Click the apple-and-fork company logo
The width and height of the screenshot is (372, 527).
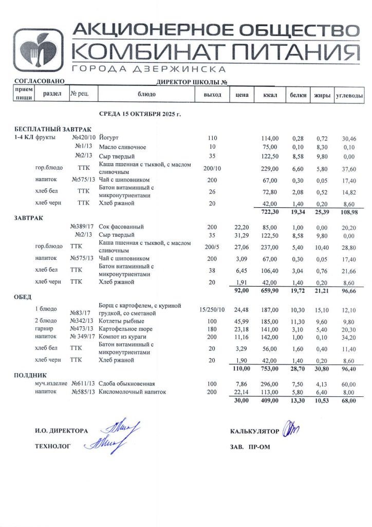click(39, 50)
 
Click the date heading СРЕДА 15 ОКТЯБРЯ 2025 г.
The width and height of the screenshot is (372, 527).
click(139, 113)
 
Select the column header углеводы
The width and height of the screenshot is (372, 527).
click(349, 95)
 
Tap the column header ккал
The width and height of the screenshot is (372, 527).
click(270, 95)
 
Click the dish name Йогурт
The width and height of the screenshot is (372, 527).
click(108, 138)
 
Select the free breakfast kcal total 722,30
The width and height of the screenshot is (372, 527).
click(270, 212)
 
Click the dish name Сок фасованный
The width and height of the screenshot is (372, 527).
click(121, 226)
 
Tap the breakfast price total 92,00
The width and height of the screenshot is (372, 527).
click(241, 290)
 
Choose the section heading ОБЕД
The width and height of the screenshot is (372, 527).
click(23, 297)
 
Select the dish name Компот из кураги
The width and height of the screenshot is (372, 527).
click(122, 337)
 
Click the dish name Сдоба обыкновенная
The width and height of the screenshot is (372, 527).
click(126, 383)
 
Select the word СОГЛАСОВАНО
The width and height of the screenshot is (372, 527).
click(39, 81)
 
